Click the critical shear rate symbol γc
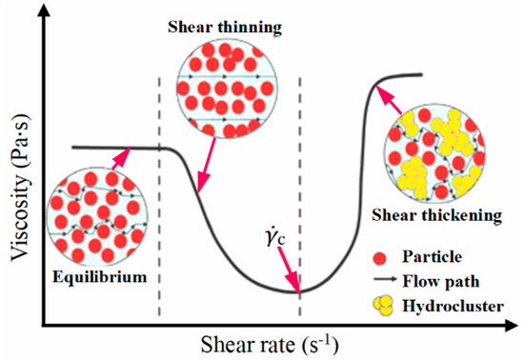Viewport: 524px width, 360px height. (x=283, y=233)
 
